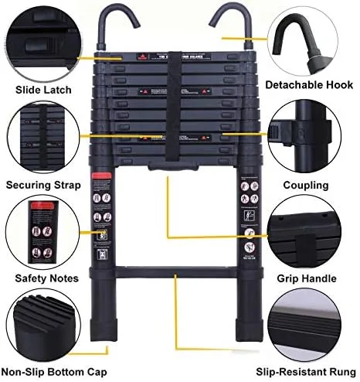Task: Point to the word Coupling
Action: (x=306, y=186)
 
